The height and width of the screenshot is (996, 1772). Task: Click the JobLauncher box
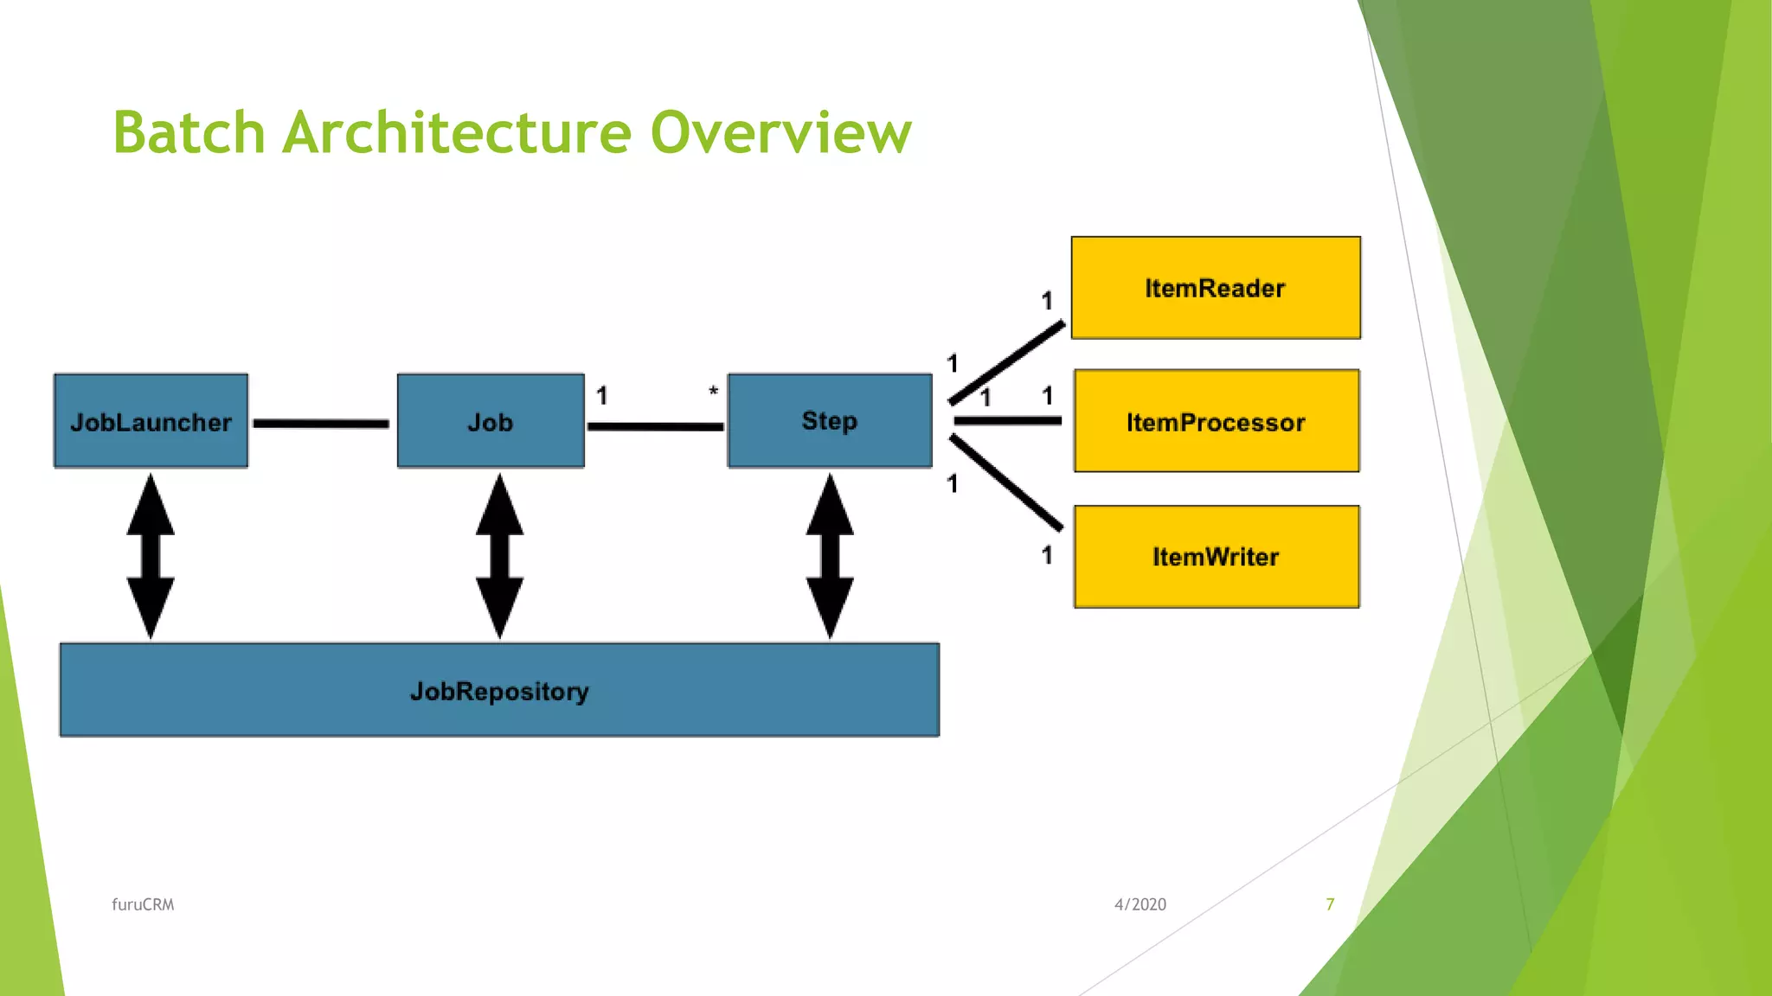pyautogui.click(x=151, y=421)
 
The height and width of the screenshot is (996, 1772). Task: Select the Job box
pyautogui.click(x=491, y=421)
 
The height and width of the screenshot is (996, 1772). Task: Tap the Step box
pyautogui.click(x=829, y=420)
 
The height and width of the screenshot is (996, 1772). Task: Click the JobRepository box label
pyautogui.click(x=499, y=691)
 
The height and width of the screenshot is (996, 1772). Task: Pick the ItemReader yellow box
pyautogui.click(x=1215, y=288)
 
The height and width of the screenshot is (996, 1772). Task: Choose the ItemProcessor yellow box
pyautogui.click(x=1216, y=421)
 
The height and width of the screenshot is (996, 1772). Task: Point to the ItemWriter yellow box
pyautogui.click(x=1216, y=557)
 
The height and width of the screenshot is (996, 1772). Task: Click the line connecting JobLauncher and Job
pyautogui.click(x=321, y=424)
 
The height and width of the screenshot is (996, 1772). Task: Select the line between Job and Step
pyautogui.click(x=655, y=426)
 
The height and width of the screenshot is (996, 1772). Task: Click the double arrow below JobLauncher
pyautogui.click(x=151, y=556)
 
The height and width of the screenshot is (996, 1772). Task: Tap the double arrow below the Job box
pyautogui.click(x=499, y=556)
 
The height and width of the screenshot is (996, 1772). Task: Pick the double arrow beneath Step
pyautogui.click(x=830, y=556)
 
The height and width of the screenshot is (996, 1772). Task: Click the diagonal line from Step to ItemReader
pyautogui.click(x=1006, y=363)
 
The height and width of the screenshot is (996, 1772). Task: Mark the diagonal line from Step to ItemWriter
pyautogui.click(x=1006, y=482)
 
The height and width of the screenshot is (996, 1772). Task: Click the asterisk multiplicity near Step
pyautogui.click(x=713, y=392)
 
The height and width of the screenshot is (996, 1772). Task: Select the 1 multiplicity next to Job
pyautogui.click(x=602, y=396)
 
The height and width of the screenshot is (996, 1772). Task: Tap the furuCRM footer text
pyautogui.click(x=143, y=904)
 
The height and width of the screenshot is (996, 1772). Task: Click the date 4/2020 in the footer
pyautogui.click(x=1140, y=904)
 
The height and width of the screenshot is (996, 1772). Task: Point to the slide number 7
pyautogui.click(x=1330, y=904)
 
